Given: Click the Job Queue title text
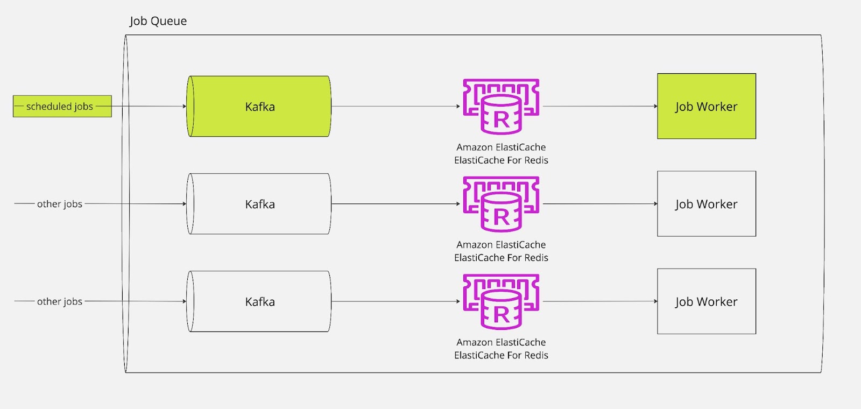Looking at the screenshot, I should coord(158,21).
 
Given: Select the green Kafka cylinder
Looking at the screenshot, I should coord(259,107).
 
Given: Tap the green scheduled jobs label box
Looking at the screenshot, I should coord(62,107).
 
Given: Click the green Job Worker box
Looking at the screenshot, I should coord(706,107).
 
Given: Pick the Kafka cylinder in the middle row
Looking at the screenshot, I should coord(259,204).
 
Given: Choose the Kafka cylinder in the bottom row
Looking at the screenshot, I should coord(259,301).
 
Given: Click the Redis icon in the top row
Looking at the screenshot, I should coord(501,107).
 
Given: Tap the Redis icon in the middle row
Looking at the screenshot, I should coord(501,204).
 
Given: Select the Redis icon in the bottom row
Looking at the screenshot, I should coord(501,301).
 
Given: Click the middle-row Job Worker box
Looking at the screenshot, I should coord(706,204).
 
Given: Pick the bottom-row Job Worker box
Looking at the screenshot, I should coord(706,301).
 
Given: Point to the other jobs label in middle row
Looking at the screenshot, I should coord(60,204).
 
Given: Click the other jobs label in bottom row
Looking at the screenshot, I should coord(60,301).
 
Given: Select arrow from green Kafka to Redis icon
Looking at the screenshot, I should coord(396,107).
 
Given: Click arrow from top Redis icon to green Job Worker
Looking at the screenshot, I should coord(600,107).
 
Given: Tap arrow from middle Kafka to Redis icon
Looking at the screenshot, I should coord(396,204).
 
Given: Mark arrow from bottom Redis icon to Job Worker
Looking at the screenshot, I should coord(600,301).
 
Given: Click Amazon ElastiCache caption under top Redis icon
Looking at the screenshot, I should coord(501,147).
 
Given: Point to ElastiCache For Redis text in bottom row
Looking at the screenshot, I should coord(501,355).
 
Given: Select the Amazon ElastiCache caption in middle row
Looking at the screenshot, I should coord(501,245).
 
